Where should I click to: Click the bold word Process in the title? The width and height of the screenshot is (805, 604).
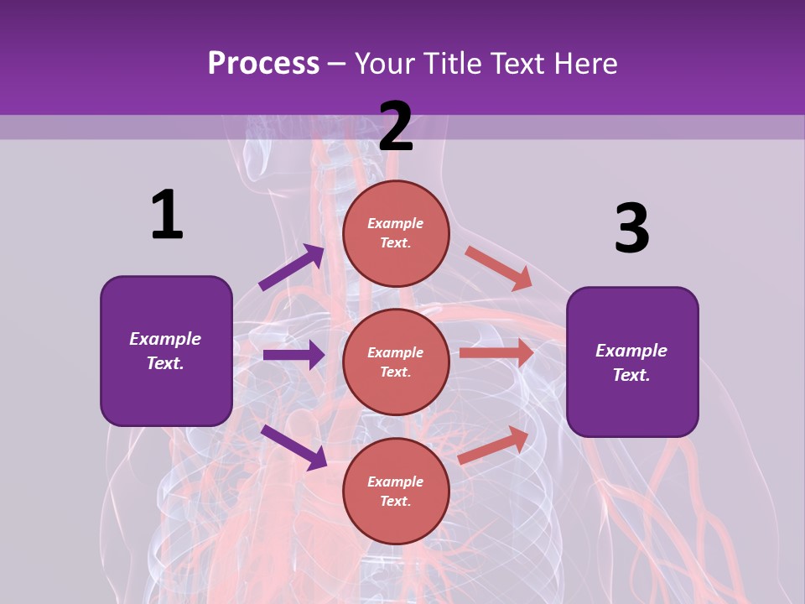pos(263,63)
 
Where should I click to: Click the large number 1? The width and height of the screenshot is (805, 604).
pos(167,215)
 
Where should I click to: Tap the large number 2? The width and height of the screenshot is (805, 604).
pos(396,127)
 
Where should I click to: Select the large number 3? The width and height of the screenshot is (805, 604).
pos(631,228)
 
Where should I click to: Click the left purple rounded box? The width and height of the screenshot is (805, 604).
pos(166,351)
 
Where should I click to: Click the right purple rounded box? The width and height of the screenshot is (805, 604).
pos(632,362)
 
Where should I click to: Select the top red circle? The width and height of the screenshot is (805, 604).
pos(396,233)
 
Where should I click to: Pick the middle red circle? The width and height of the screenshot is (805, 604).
pos(396,362)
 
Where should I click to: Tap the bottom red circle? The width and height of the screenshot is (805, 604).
pos(396,491)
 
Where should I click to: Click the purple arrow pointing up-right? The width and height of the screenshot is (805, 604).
pos(292,268)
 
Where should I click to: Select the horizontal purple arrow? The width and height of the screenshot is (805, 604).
pos(293,355)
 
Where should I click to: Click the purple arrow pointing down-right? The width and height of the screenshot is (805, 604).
pos(294,447)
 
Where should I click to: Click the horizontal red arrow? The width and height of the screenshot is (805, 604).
pos(496,353)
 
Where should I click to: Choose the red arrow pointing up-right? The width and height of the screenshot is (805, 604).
pos(494,445)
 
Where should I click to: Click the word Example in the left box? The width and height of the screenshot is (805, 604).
pos(165,339)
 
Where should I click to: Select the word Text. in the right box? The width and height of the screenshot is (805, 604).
pos(631,375)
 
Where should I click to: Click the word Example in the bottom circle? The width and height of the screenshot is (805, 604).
pos(396,482)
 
